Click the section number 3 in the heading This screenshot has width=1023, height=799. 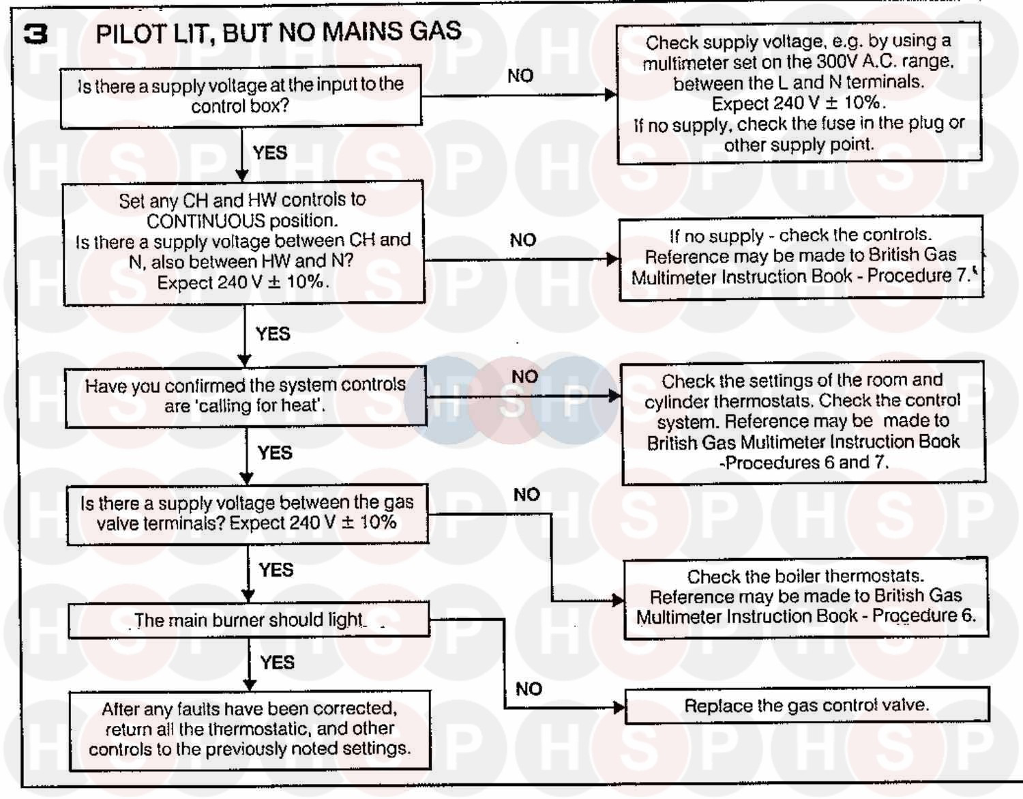point(35,34)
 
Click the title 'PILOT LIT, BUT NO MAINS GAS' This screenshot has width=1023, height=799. point(278,32)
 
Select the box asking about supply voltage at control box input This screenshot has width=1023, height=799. point(241,96)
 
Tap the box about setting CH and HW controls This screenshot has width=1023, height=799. point(243,242)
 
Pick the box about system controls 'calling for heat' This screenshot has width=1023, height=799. point(245,396)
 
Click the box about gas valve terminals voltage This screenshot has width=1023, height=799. point(247,514)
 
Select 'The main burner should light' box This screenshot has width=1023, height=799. point(248,620)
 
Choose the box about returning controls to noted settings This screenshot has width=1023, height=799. point(250,729)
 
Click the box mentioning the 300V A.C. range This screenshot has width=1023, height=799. point(799,93)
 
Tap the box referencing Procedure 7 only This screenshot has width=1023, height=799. point(801,257)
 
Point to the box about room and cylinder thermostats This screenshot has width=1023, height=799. point(803,422)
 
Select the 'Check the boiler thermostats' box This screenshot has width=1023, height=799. point(805,597)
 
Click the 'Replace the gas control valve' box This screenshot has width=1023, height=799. point(807,706)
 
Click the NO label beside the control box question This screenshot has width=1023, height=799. point(520,76)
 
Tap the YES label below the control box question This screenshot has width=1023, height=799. point(270,153)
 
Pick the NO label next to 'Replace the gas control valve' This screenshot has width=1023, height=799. point(529,689)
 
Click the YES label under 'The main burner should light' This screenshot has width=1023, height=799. point(277,663)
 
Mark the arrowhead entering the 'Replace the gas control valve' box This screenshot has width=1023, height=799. point(619,708)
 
